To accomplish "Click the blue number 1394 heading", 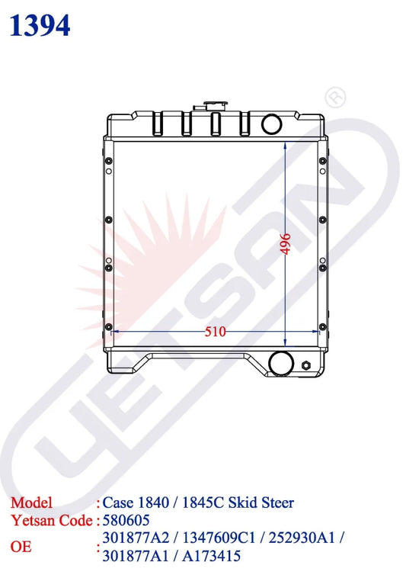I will click(x=40, y=26).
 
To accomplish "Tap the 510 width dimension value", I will click(x=215, y=332).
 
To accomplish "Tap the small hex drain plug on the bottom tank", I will click(x=306, y=366).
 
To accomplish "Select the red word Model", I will click(x=31, y=503).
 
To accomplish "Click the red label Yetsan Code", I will click(x=51, y=521).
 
